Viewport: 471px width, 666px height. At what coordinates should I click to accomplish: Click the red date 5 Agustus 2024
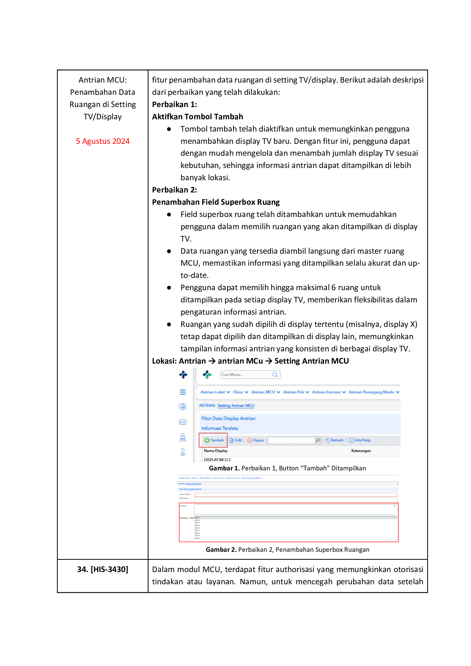click(x=103, y=141)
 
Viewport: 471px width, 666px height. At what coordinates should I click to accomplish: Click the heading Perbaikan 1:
click(x=174, y=104)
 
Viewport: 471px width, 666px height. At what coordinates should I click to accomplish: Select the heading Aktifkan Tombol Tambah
click(x=198, y=117)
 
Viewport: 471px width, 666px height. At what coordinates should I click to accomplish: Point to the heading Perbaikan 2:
click(x=174, y=190)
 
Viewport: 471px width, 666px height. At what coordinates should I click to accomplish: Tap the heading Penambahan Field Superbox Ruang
click(x=216, y=202)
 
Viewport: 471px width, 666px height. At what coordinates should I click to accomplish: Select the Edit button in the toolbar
click(x=236, y=440)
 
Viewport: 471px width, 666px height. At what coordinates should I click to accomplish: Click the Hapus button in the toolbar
click(x=256, y=440)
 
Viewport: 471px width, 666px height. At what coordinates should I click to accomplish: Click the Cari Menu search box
click(x=247, y=374)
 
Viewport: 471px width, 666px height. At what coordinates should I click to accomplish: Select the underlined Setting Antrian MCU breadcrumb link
click(x=236, y=405)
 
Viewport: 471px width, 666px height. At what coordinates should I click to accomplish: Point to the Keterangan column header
click(x=361, y=451)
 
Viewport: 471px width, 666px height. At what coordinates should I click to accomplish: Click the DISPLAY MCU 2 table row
click(x=217, y=460)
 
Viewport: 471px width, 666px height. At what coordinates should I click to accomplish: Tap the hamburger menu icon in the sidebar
click(x=183, y=392)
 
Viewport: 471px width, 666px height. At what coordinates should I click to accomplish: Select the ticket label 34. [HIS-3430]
click(x=103, y=569)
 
